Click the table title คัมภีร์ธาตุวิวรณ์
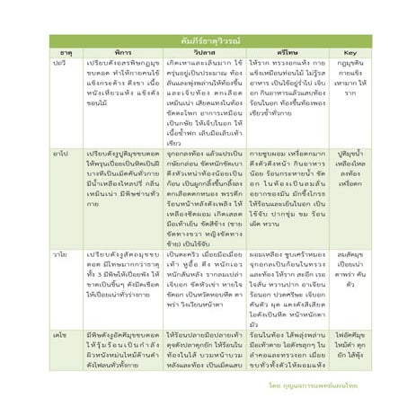click(x=203, y=41)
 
